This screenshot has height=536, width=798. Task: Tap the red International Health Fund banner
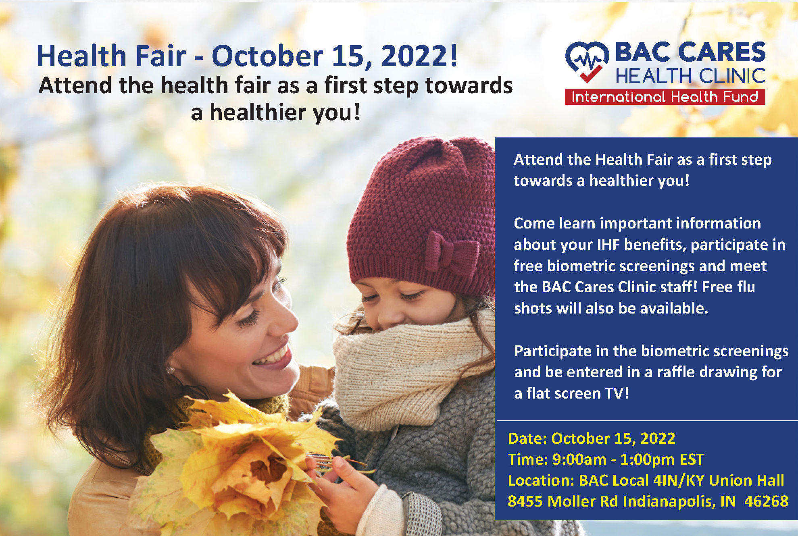(x=665, y=97)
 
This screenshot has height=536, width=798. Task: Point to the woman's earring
(x=170, y=370)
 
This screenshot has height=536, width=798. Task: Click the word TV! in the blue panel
(x=617, y=393)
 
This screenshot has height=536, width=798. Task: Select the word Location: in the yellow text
(x=541, y=480)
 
